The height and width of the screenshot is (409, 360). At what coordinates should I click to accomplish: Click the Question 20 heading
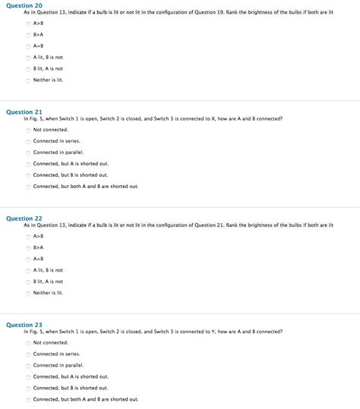point(24,5)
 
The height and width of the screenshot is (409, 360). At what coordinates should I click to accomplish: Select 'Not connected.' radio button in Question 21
point(29,130)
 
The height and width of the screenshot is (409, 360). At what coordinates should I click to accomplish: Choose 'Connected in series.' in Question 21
point(29,141)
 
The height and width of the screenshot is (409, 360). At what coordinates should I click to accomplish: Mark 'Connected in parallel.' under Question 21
point(29,153)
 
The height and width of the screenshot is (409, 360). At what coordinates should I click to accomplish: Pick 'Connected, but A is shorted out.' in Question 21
point(29,164)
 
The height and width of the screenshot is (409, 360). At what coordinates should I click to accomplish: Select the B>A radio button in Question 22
point(29,247)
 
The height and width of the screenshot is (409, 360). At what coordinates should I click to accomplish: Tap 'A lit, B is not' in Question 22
point(29,270)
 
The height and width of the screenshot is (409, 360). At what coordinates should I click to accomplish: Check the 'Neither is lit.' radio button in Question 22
point(29,293)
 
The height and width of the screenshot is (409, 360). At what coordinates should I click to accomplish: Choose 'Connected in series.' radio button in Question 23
point(29,354)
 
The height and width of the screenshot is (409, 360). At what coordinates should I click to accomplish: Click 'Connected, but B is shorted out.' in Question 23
point(29,388)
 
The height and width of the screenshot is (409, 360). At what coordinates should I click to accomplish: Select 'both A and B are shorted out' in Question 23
point(29,399)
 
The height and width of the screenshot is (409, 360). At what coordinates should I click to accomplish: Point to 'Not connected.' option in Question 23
point(29,343)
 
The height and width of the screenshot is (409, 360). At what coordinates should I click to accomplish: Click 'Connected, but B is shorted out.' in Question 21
point(29,175)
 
